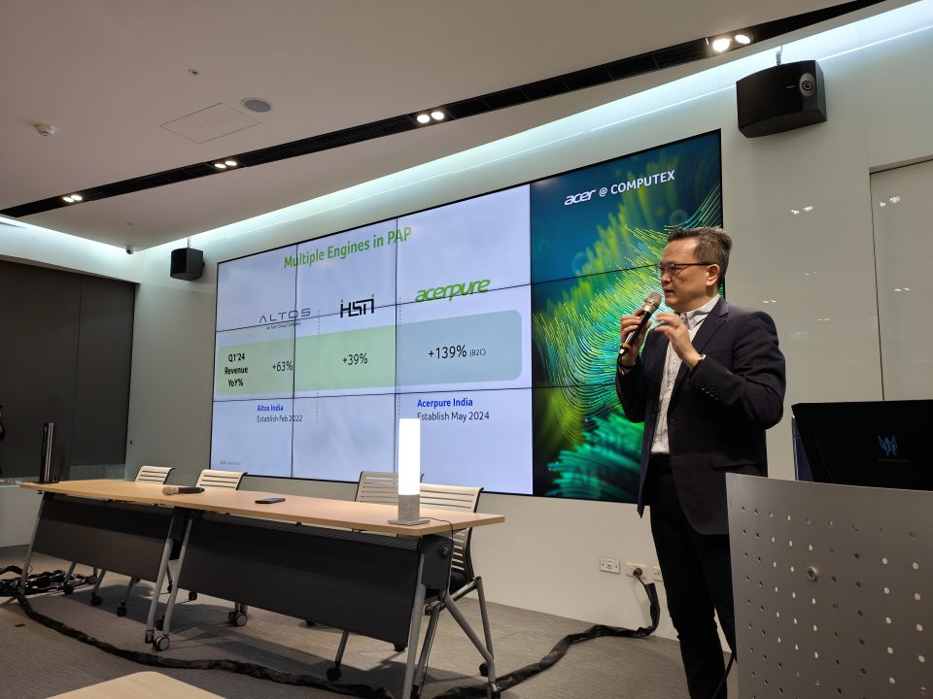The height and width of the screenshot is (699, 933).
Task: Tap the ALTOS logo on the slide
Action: [284, 316]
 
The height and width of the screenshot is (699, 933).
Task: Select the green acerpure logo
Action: [452, 290]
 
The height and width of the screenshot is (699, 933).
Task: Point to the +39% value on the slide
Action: [355, 359]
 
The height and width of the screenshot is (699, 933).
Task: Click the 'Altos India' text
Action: [276, 409]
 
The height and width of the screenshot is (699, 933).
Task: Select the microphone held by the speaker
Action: [640, 320]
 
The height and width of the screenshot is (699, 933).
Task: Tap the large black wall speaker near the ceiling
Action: [780, 98]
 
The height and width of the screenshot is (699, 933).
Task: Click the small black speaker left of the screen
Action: [187, 263]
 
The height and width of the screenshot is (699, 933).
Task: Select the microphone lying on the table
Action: [183, 489]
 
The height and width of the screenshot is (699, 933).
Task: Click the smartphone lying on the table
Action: [270, 500]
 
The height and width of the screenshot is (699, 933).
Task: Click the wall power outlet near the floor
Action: [609, 565]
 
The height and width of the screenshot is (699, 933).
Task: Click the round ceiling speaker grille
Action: [257, 105]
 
